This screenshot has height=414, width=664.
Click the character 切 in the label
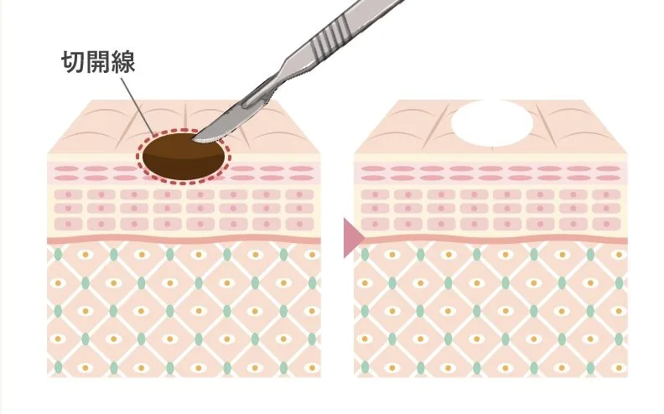tap(73, 62)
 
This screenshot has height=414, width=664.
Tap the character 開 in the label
tap(98, 62)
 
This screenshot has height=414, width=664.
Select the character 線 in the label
tap(122, 62)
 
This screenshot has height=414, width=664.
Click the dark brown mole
tap(184, 156)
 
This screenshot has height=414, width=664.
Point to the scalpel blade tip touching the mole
tap(194, 138)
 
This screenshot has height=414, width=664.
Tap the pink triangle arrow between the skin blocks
tap(354, 238)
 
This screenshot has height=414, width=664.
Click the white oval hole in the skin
tap(491, 123)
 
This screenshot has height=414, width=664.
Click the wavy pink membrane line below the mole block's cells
tap(184, 239)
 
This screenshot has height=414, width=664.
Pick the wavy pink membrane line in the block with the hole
tap(490, 239)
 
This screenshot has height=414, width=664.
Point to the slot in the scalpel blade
tap(256, 101)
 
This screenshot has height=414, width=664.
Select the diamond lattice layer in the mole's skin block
tap(184, 309)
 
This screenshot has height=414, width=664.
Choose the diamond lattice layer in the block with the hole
tap(490, 309)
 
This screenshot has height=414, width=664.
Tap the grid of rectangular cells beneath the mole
tap(184, 210)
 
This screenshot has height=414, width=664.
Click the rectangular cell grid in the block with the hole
tap(490, 210)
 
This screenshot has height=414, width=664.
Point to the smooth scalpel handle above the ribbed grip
tap(372, 8)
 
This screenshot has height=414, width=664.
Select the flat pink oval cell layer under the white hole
tap(490, 173)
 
